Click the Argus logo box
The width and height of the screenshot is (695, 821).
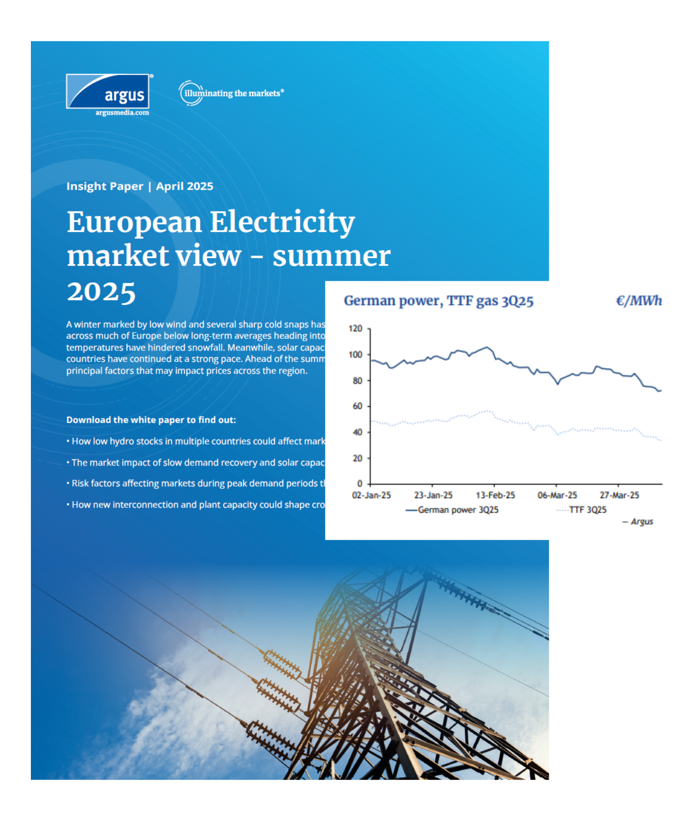tap(108, 91)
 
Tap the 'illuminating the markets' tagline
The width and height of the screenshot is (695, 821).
tap(232, 93)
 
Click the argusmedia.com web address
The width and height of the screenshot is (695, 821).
tap(122, 113)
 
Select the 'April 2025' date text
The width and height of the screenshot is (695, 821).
tap(184, 186)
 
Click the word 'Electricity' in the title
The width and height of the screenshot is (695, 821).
tap(282, 223)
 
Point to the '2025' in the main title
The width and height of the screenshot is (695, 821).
tap(101, 292)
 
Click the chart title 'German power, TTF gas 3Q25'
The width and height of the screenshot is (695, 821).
tap(438, 301)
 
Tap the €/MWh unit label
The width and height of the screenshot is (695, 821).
tap(639, 301)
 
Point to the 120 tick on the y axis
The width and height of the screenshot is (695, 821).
tap(355, 329)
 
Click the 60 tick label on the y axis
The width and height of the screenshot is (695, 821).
tap(357, 406)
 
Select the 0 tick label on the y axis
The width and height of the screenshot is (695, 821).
tap(360, 484)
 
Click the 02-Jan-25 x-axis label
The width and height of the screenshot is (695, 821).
tap(371, 495)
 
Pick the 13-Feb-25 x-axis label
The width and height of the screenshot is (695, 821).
tap(495, 495)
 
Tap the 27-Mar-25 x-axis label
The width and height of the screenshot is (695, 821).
tap(619, 495)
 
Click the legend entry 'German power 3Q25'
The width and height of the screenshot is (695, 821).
tap(458, 510)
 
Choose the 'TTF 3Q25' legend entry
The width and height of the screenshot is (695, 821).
tap(587, 510)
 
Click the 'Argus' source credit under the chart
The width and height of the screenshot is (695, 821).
tap(641, 522)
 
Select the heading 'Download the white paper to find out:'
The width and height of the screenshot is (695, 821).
tap(151, 420)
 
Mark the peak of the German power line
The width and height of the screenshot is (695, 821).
tap(486, 347)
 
